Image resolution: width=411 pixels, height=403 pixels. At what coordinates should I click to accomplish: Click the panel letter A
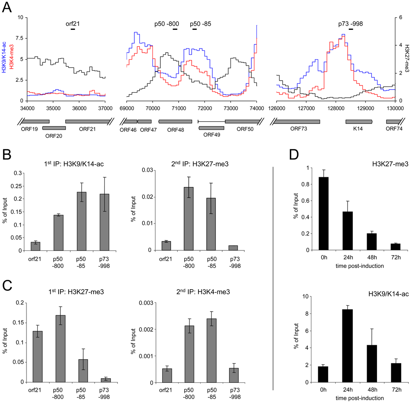point(7,7)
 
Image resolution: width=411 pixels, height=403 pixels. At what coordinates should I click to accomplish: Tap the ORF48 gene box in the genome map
point(175,122)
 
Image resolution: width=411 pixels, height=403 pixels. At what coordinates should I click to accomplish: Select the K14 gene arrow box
point(359,122)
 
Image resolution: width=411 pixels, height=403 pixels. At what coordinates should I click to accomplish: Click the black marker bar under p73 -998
point(351,29)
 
